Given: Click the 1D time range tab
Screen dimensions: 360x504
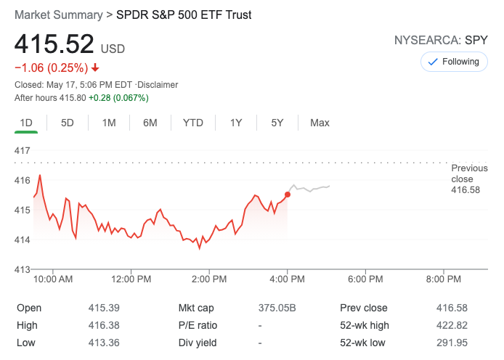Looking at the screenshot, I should (x=26, y=123).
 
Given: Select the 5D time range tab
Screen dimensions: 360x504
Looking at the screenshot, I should (x=68, y=123).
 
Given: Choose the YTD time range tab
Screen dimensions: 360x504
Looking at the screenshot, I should (x=193, y=123).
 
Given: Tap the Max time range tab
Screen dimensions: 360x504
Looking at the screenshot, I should (x=320, y=123).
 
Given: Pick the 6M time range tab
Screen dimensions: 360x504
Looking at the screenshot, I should (x=150, y=123).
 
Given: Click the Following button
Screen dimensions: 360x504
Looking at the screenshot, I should (x=454, y=62).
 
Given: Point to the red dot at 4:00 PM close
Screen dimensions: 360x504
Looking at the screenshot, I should (x=288, y=195).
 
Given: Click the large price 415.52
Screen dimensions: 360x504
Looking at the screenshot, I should (x=54, y=45).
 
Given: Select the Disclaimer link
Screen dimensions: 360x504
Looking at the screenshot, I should (x=157, y=85).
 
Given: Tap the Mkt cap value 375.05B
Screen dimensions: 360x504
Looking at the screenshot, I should (x=277, y=308).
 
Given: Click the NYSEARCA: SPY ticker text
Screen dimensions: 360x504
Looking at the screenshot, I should (x=441, y=41).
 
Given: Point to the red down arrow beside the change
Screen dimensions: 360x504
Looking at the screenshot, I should (x=95, y=68).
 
